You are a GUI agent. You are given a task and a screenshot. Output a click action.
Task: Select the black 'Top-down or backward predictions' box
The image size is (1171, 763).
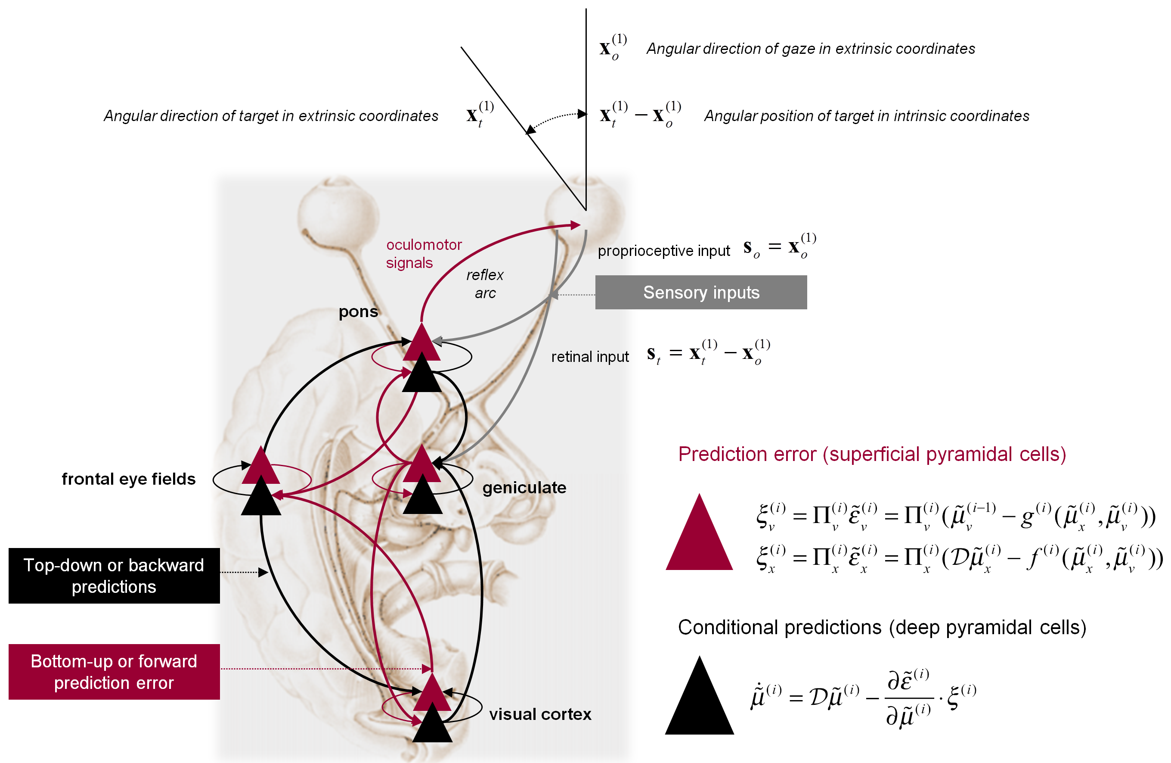coord(114,576)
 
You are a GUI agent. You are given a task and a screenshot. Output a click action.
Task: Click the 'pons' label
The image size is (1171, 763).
coord(358,311)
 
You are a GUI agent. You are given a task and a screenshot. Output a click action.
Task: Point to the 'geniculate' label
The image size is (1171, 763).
coord(524,487)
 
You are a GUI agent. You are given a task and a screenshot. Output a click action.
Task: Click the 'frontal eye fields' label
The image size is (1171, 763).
coord(128,479)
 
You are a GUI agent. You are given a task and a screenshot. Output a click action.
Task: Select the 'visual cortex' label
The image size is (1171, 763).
coord(540,714)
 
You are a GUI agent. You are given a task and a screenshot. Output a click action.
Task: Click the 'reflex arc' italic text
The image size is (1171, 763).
coord(485,283)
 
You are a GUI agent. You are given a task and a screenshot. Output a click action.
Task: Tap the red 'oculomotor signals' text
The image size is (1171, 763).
coord(423,253)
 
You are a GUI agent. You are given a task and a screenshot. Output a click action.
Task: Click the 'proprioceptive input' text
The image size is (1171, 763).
coord(663,251)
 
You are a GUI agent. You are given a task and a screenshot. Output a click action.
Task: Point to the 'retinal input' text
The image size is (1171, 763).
coord(589,356)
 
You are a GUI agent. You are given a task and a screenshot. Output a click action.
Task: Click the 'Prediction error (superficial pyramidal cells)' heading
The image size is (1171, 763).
coord(872,454)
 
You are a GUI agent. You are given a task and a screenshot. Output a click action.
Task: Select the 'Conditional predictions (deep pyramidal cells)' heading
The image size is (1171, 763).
coord(882,627)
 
